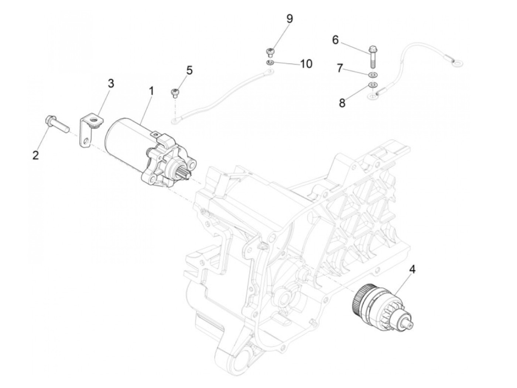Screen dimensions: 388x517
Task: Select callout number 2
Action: pyautogui.click(x=35, y=155)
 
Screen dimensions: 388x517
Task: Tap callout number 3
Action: pyautogui.click(x=111, y=84)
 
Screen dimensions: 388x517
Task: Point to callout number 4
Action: pyautogui.click(x=412, y=270)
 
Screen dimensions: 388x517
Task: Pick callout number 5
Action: pyautogui.click(x=189, y=70)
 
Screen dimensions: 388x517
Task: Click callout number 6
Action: pyautogui.click(x=335, y=40)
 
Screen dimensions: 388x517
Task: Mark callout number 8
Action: pyautogui.click(x=342, y=103)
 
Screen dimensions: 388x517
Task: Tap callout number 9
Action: pyautogui.click(x=290, y=19)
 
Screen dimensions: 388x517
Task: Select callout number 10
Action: pyautogui.click(x=306, y=64)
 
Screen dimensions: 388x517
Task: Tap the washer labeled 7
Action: pyautogui.click(x=373, y=75)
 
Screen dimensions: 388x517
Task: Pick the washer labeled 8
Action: pyautogui.click(x=373, y=86)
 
